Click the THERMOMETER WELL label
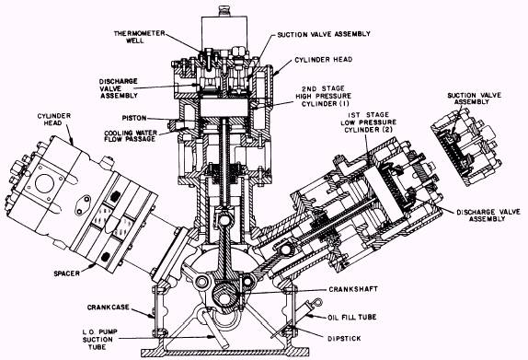[x=140, y=37]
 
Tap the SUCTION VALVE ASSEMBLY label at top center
[x=324, y=34]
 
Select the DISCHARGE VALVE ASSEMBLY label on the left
[x=118, y=88]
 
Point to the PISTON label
[x=134, y=118]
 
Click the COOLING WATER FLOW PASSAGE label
[x=131, y=136]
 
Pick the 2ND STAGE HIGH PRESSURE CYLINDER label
[x=323, y=96]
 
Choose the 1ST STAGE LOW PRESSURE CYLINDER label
[x=368, y=122]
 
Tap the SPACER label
[x=66, y=273]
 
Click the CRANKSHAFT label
[x=353, y=289]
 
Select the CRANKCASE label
[x=109, y=308]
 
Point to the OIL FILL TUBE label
[x=352, y=318]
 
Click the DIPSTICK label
[x=344, y=338]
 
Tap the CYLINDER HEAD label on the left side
[x=54, y=120]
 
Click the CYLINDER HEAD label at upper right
[x=324, y=60]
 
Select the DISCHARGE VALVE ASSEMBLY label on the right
[x=488, y=215]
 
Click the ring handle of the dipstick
[x=317, y=302]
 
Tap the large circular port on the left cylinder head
[x=45, y=184]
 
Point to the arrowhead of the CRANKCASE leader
[x=152, y=316]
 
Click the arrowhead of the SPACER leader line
[x=94, y=265]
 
